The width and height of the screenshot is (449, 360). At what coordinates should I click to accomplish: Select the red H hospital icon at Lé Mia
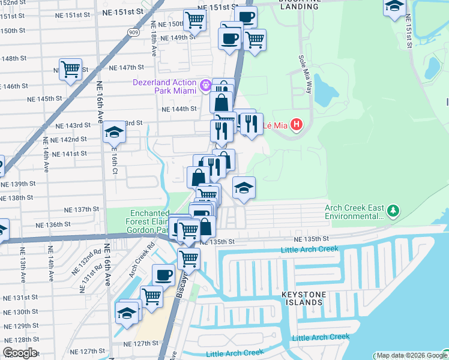295,125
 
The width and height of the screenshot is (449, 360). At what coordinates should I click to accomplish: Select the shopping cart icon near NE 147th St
71,69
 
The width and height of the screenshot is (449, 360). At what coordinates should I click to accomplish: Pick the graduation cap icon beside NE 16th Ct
114,132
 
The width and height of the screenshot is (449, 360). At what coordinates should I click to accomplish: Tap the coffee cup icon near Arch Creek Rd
163,275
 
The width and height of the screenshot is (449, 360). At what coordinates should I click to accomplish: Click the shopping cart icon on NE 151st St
194,19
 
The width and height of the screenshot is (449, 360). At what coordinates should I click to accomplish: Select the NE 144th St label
179,109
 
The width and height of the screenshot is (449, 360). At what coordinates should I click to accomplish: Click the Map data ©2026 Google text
411,355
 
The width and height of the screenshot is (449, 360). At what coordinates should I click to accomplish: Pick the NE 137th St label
82,209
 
